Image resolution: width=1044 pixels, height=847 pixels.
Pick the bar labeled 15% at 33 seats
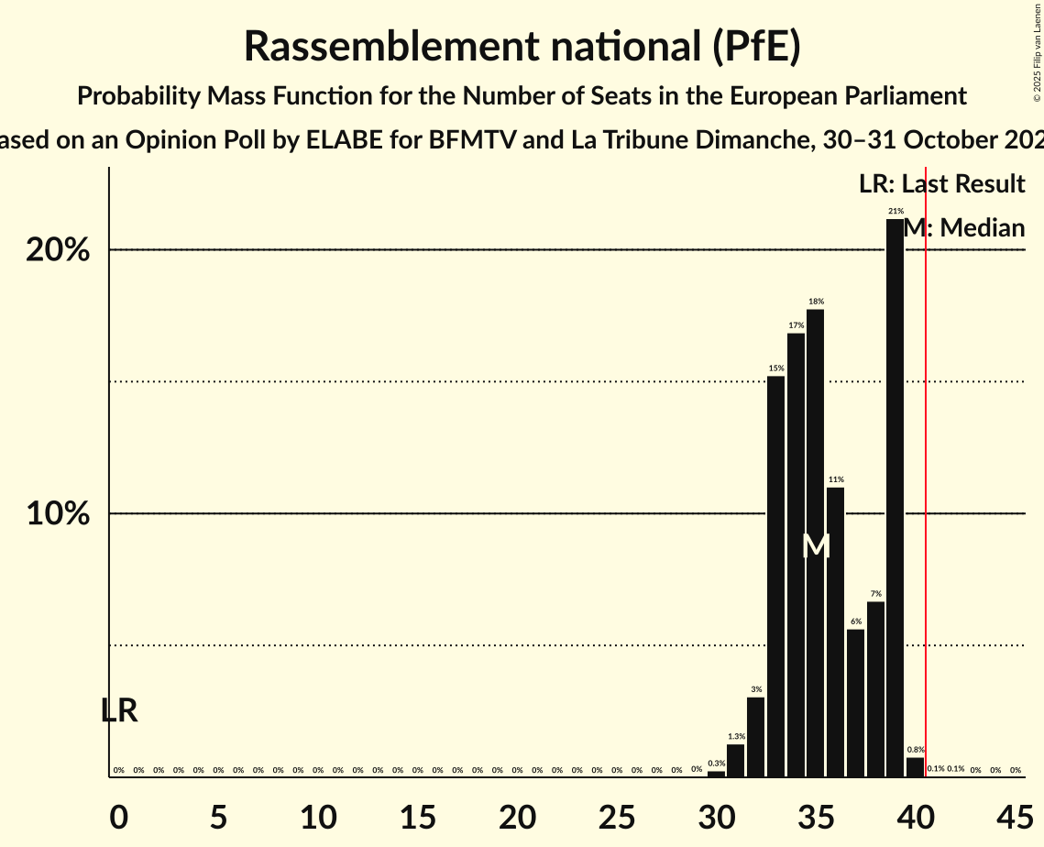[x=775, y=577]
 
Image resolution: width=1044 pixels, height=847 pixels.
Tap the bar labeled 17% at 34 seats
[x=796, y=555]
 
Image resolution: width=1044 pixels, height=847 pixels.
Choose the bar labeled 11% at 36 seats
[x=835, y=632]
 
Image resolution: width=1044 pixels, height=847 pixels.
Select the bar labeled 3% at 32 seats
[x=755, y=737]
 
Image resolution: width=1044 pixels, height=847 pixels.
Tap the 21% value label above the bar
[x=896, y=212]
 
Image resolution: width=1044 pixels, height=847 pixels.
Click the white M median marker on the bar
[x=815, y=546]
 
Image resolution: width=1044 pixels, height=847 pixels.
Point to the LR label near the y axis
[x=119, y=710]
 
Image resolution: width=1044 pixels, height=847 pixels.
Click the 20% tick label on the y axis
[x=58, y=250]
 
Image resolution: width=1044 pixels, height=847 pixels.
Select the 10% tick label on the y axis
[x=58, y=514]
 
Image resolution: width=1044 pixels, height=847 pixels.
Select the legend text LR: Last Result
[x=941, y=184]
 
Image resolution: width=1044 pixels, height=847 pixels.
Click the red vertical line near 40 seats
[x=926, y=458]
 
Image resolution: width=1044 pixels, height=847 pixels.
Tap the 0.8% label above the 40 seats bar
[x=915, y=750]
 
